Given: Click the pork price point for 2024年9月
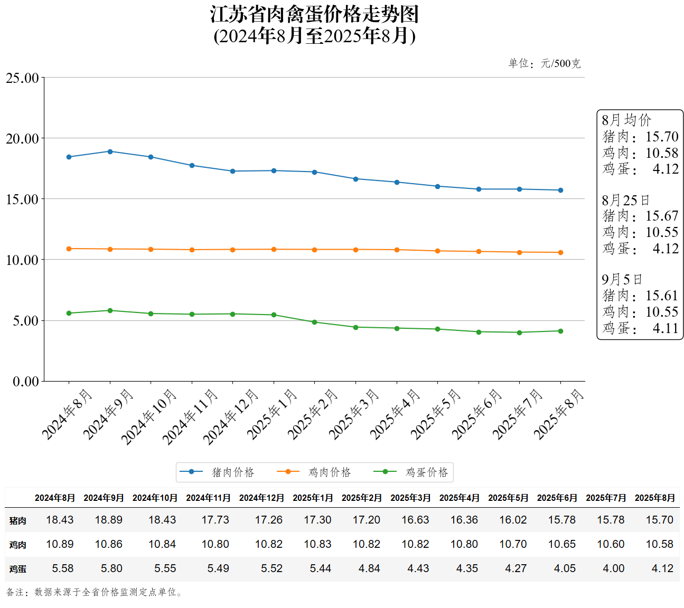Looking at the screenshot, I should coord(110,151).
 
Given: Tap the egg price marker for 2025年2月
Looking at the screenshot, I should coord(315,322).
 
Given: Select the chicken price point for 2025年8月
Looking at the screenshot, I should coord(560,252).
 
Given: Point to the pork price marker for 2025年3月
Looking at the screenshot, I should coord(355,179).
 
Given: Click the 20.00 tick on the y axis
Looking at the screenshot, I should coord(22,139).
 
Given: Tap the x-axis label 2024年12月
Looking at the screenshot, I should coord(230,416).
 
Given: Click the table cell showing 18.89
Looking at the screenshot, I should coord(108,520).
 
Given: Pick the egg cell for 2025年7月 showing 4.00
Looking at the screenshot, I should coord(613,568).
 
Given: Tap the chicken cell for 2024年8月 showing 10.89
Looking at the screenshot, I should coord(60,544).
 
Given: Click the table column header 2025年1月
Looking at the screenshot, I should coord(313,498).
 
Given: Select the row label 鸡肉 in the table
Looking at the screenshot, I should coord(17,545).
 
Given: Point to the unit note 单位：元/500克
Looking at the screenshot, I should coord(544,64).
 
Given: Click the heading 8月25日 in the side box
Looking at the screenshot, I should coord(625,201).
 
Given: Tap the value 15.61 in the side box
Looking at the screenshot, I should coord(661,296).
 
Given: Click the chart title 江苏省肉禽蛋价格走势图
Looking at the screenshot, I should coord(314,15).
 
